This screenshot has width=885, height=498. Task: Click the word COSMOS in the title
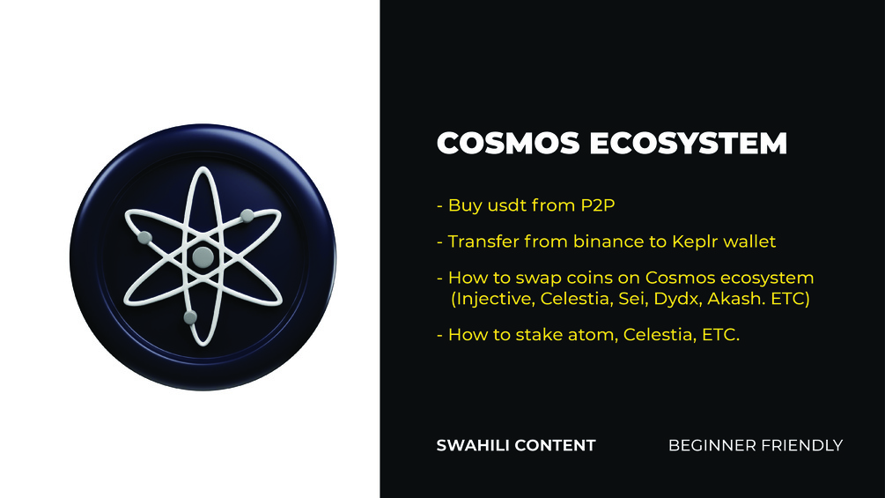coord(498,144)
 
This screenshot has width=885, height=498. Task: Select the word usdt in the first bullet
coord(505,206)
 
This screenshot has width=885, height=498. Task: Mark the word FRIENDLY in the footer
coord(802,445)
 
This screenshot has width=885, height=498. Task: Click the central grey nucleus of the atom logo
coord(203,256)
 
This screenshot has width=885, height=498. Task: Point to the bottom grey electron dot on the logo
coord(189,316)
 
